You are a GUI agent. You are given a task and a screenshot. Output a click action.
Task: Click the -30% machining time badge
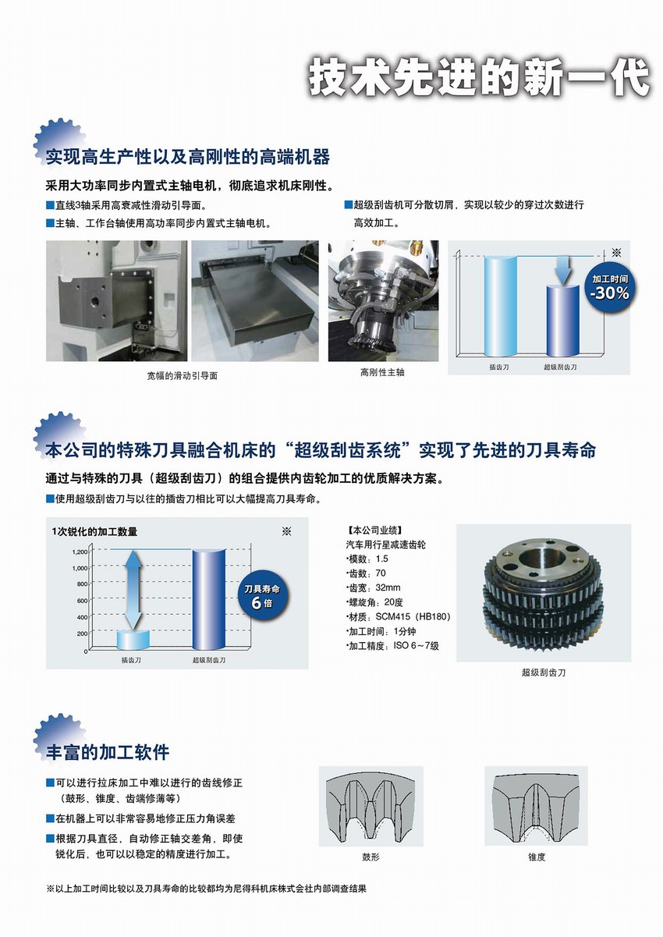pos(609,287)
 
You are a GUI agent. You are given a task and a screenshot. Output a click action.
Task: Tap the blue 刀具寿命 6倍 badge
pos(262,597)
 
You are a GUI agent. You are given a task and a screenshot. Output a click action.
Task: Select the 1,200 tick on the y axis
pos(80,552)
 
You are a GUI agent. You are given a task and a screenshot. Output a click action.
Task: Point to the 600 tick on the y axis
pos(83,601)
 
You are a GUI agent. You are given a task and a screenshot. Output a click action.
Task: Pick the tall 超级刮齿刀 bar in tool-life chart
pos(209,599)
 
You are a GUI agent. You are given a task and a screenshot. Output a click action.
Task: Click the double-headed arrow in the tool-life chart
pos(133,591)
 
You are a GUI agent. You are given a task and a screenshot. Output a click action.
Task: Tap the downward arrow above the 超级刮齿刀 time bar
pos(563,270)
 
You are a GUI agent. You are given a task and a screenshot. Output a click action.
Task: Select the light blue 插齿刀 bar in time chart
pos(501,306)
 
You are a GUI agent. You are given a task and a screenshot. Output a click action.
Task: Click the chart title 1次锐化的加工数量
pos(94,531)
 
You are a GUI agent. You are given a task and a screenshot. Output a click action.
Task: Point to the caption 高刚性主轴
pos(382,372)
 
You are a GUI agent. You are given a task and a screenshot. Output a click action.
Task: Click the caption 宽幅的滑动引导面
pos(182,375)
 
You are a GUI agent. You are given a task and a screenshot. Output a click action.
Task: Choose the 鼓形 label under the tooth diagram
pos(370,857)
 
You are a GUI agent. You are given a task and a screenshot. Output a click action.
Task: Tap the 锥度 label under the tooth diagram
pos(537,857)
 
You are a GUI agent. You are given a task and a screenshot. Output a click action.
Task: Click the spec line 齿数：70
pos(366,573)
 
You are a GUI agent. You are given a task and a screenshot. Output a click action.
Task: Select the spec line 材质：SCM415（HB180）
pos(399,616)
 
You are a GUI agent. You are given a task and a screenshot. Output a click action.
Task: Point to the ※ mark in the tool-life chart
pos(286,531)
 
